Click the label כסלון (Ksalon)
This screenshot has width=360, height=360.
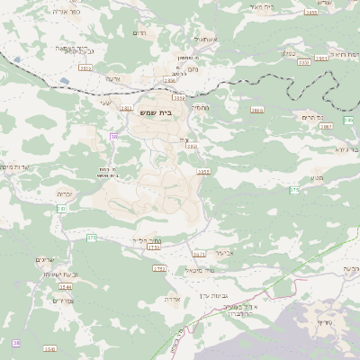point(289,53)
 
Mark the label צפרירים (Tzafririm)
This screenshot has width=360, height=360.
point(63,300)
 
